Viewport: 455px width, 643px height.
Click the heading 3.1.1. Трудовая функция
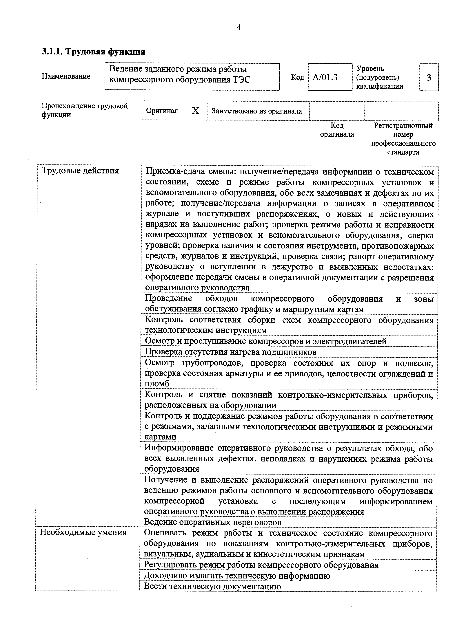(x=94, y=52)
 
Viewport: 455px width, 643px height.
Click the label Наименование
(x=66, y=76)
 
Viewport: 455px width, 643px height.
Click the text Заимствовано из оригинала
(x=257, y=111)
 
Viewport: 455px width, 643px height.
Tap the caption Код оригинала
(x=337, y=130)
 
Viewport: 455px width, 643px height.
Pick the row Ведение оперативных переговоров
(x=213, y=522)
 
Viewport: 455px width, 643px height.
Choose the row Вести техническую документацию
(x=212, y=586)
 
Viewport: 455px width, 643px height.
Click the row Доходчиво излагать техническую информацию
(x=237, y=576)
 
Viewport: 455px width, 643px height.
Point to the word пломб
(x=157, y=384)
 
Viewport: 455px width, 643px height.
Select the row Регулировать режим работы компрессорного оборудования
(x=261, y=565)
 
